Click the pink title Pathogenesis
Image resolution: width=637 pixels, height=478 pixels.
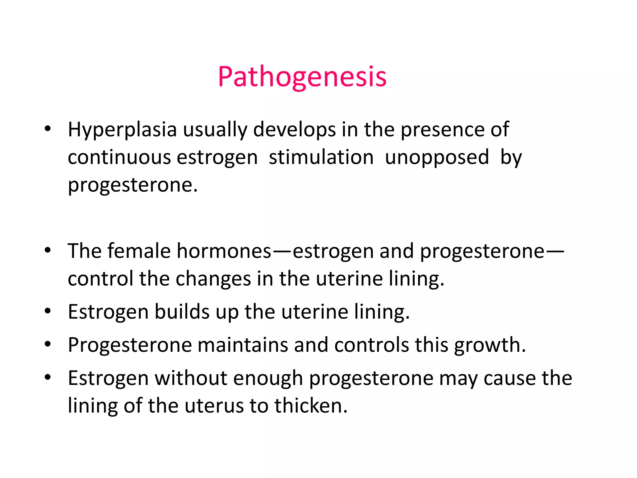(x=302, y=77)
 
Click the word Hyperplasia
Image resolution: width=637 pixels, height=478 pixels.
(x=122, y=129)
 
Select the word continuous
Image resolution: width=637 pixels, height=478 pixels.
(x=119, y=157)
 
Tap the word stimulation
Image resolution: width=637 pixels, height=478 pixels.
(x=321, y=157)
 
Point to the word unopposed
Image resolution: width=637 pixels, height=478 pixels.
(x=437, y=157)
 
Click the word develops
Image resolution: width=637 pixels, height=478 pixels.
(x=295, y=129)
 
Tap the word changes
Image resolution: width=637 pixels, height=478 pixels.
(x=213, y=279)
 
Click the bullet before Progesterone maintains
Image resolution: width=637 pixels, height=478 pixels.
(x=48, y=344)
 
